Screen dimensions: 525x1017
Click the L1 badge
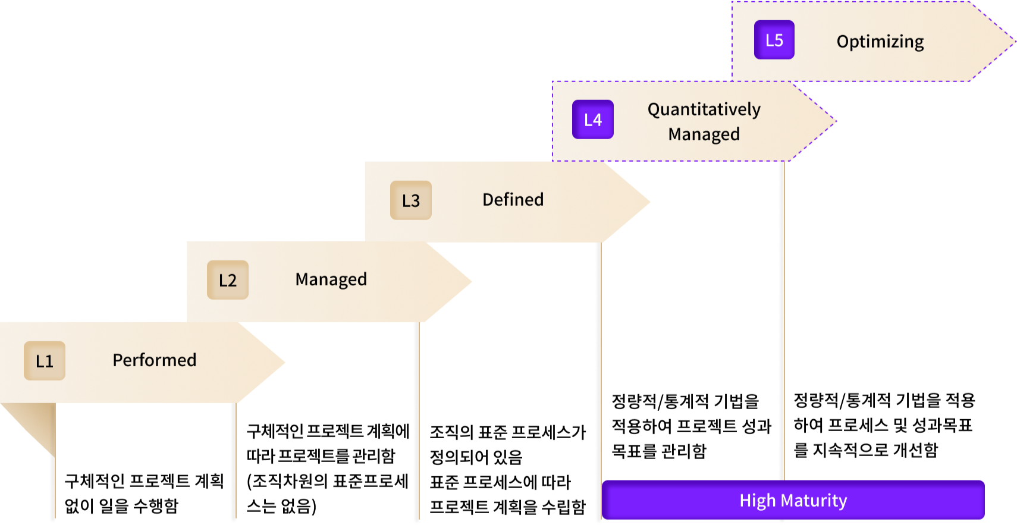[x=45, y=360]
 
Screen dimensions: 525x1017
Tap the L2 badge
[x=228, y=280]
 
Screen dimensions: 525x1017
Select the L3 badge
[x=411, y=200]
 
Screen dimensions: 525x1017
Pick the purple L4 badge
[x=593, y=120]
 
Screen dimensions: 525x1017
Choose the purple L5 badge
[x=774, y=40]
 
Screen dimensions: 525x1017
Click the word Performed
[x=155, y=360]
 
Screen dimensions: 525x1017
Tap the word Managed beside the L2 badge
[x=331, y=279]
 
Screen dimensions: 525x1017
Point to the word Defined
[x=513, y=200]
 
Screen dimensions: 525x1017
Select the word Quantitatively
[x=704, y=110]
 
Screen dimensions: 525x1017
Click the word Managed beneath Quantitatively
[x=704, y=134]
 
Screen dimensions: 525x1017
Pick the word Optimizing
[x=880, y=42]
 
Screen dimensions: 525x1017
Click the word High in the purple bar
[x=754, y=501]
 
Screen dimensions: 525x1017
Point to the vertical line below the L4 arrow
[x=782, y=297]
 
